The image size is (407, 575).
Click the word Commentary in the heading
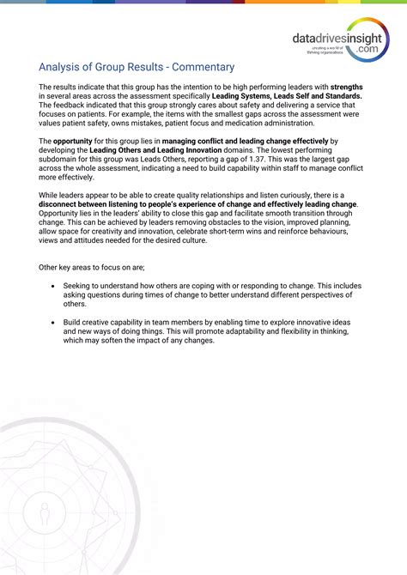201,66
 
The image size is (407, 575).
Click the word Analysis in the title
62,66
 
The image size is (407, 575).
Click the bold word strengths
346,88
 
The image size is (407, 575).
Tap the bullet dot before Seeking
53,285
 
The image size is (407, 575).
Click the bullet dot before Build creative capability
53,322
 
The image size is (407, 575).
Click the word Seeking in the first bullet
82,285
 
